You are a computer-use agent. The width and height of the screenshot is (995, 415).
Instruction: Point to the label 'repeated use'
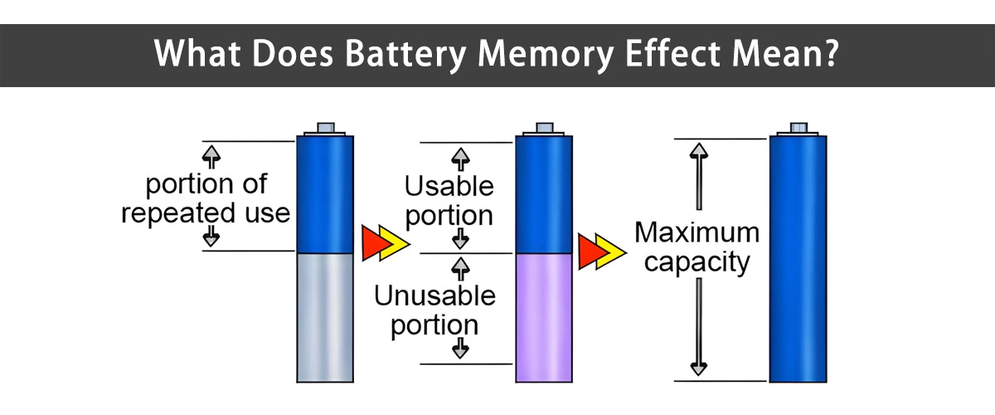[206, 212]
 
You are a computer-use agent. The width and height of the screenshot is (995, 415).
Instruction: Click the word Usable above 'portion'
[449, 185]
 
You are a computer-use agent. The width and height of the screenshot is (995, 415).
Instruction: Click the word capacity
[696, 262]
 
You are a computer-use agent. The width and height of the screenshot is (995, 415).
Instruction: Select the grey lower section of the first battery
[319, 315]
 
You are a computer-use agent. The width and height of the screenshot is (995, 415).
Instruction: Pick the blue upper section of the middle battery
[544, 194]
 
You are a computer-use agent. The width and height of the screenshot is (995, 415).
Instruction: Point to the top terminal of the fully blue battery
[798, 128]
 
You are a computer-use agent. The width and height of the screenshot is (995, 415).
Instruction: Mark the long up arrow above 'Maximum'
[699, 178]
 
